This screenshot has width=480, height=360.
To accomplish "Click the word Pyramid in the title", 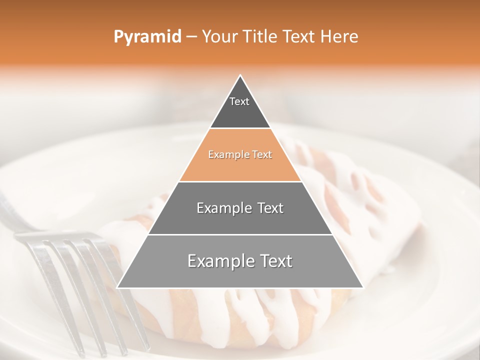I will click(x=147, y=36).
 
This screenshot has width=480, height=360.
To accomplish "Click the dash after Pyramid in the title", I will click(x=191, y=37).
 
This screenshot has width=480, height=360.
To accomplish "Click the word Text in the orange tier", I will click(x=261, y=155).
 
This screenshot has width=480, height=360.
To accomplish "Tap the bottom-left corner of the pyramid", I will click(x=117, y=287).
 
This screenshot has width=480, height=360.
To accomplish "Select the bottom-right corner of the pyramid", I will click(x=363, y=287).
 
